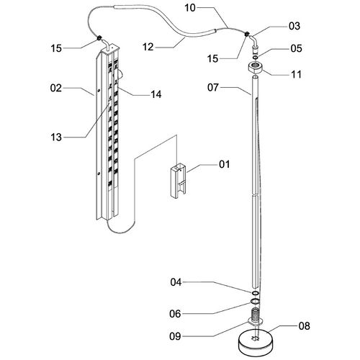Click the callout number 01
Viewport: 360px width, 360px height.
[224, 164]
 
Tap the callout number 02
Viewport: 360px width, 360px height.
[56, 88]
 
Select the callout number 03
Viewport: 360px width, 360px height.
[294, 26]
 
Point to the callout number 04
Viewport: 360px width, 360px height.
[176, 282]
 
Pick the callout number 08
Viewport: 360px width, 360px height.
[304, 326]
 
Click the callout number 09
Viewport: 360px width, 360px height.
[175, 336]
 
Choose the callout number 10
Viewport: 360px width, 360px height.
[190, 8]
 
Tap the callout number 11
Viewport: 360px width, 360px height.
[296, 74]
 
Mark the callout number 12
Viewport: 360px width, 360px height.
[148, 47]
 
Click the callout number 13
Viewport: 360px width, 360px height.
[56, 138]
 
